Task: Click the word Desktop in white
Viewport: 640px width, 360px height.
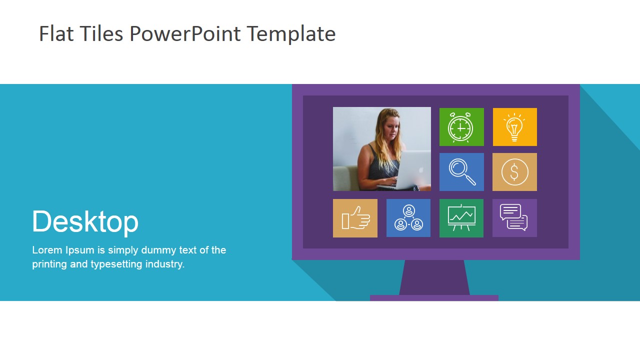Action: pos(85,221)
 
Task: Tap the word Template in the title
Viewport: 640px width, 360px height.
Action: pos(291,34)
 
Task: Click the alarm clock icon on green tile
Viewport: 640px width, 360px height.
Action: pos(461,127)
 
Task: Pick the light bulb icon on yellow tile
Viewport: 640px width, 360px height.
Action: pos(514,127)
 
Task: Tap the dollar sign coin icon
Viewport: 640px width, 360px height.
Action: pos(514,172)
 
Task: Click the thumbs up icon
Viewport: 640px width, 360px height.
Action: pos(355,218)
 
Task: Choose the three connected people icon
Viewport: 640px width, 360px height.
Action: pos(408,218)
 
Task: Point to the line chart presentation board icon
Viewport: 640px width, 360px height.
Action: pos(461,218)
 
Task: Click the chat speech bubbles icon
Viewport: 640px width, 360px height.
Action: pos(514,217)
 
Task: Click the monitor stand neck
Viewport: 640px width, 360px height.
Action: pos(434,277)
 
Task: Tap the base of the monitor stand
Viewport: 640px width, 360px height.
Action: pos(434,298)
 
